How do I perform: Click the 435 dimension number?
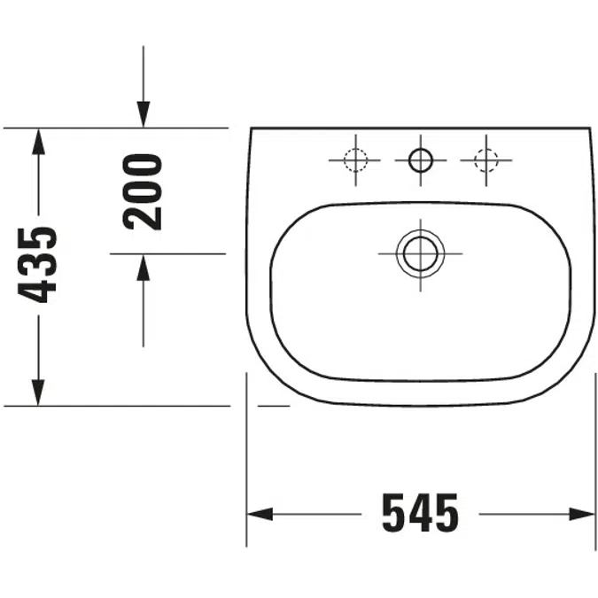point(37,265)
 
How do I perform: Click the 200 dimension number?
point(143,192)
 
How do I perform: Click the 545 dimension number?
point(421,513)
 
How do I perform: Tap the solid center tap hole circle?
point(421,160)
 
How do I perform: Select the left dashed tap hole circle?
point(355,160)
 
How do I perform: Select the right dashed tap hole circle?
point(485,160)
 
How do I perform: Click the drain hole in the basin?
point(420,253)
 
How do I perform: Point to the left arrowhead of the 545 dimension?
point(260,514)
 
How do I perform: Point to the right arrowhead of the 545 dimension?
point(581,514)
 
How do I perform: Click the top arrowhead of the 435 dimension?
point(38,142)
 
